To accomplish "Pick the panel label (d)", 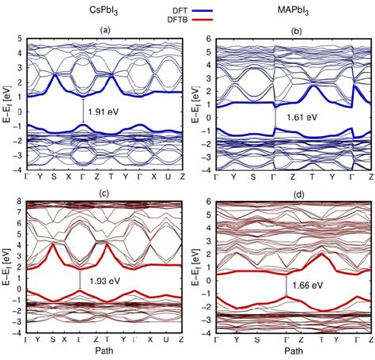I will [x=296, y=193].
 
